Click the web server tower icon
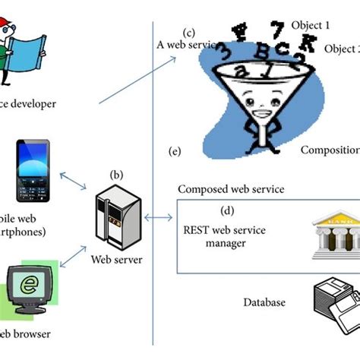pos(117,220)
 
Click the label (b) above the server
pos(117,175)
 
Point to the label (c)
pos(189,32)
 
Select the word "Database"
pos(264,302)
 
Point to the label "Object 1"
pos(311,25)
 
